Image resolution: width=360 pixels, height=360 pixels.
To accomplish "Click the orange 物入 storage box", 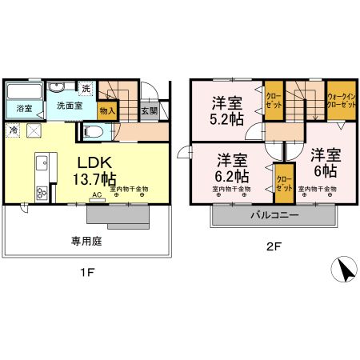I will coord(107,110).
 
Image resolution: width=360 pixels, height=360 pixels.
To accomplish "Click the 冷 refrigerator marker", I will coord(14,129).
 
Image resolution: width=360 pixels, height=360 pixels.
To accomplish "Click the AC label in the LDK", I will coord(96,194).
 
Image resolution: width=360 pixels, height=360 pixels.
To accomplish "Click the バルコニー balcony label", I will coord(274,216).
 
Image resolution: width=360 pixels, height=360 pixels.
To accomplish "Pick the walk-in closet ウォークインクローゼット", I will coord(342,101).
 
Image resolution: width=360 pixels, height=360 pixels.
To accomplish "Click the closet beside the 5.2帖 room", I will coord(274,101).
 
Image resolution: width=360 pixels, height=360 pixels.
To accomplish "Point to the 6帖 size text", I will coord(323,170).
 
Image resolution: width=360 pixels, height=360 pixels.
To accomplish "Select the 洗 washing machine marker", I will coord(85,87).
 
